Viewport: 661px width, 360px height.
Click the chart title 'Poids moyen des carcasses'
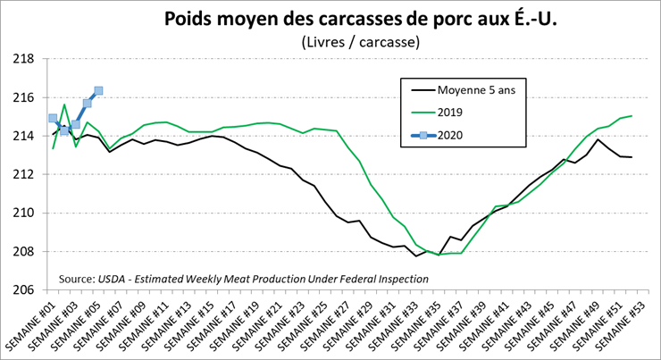(x=360, y=19)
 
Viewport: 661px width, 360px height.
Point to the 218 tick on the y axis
(x=22, y=59)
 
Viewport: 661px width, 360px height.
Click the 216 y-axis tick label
(x=22, y=97)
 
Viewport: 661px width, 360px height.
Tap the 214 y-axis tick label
(x=22, y=136)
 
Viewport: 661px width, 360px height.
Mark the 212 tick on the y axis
(x=22, y=174)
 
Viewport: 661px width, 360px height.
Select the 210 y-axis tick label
(x=22, y=213)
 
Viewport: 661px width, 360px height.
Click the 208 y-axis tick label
(x=22, y=252)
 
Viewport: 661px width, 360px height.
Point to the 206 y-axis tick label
(x=22, y=290)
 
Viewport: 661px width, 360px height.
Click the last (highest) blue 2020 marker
(x=98, y=90)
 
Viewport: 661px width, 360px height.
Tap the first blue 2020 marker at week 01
(x=53, y=118)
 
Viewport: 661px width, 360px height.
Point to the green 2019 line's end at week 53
(x=632, y=115)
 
